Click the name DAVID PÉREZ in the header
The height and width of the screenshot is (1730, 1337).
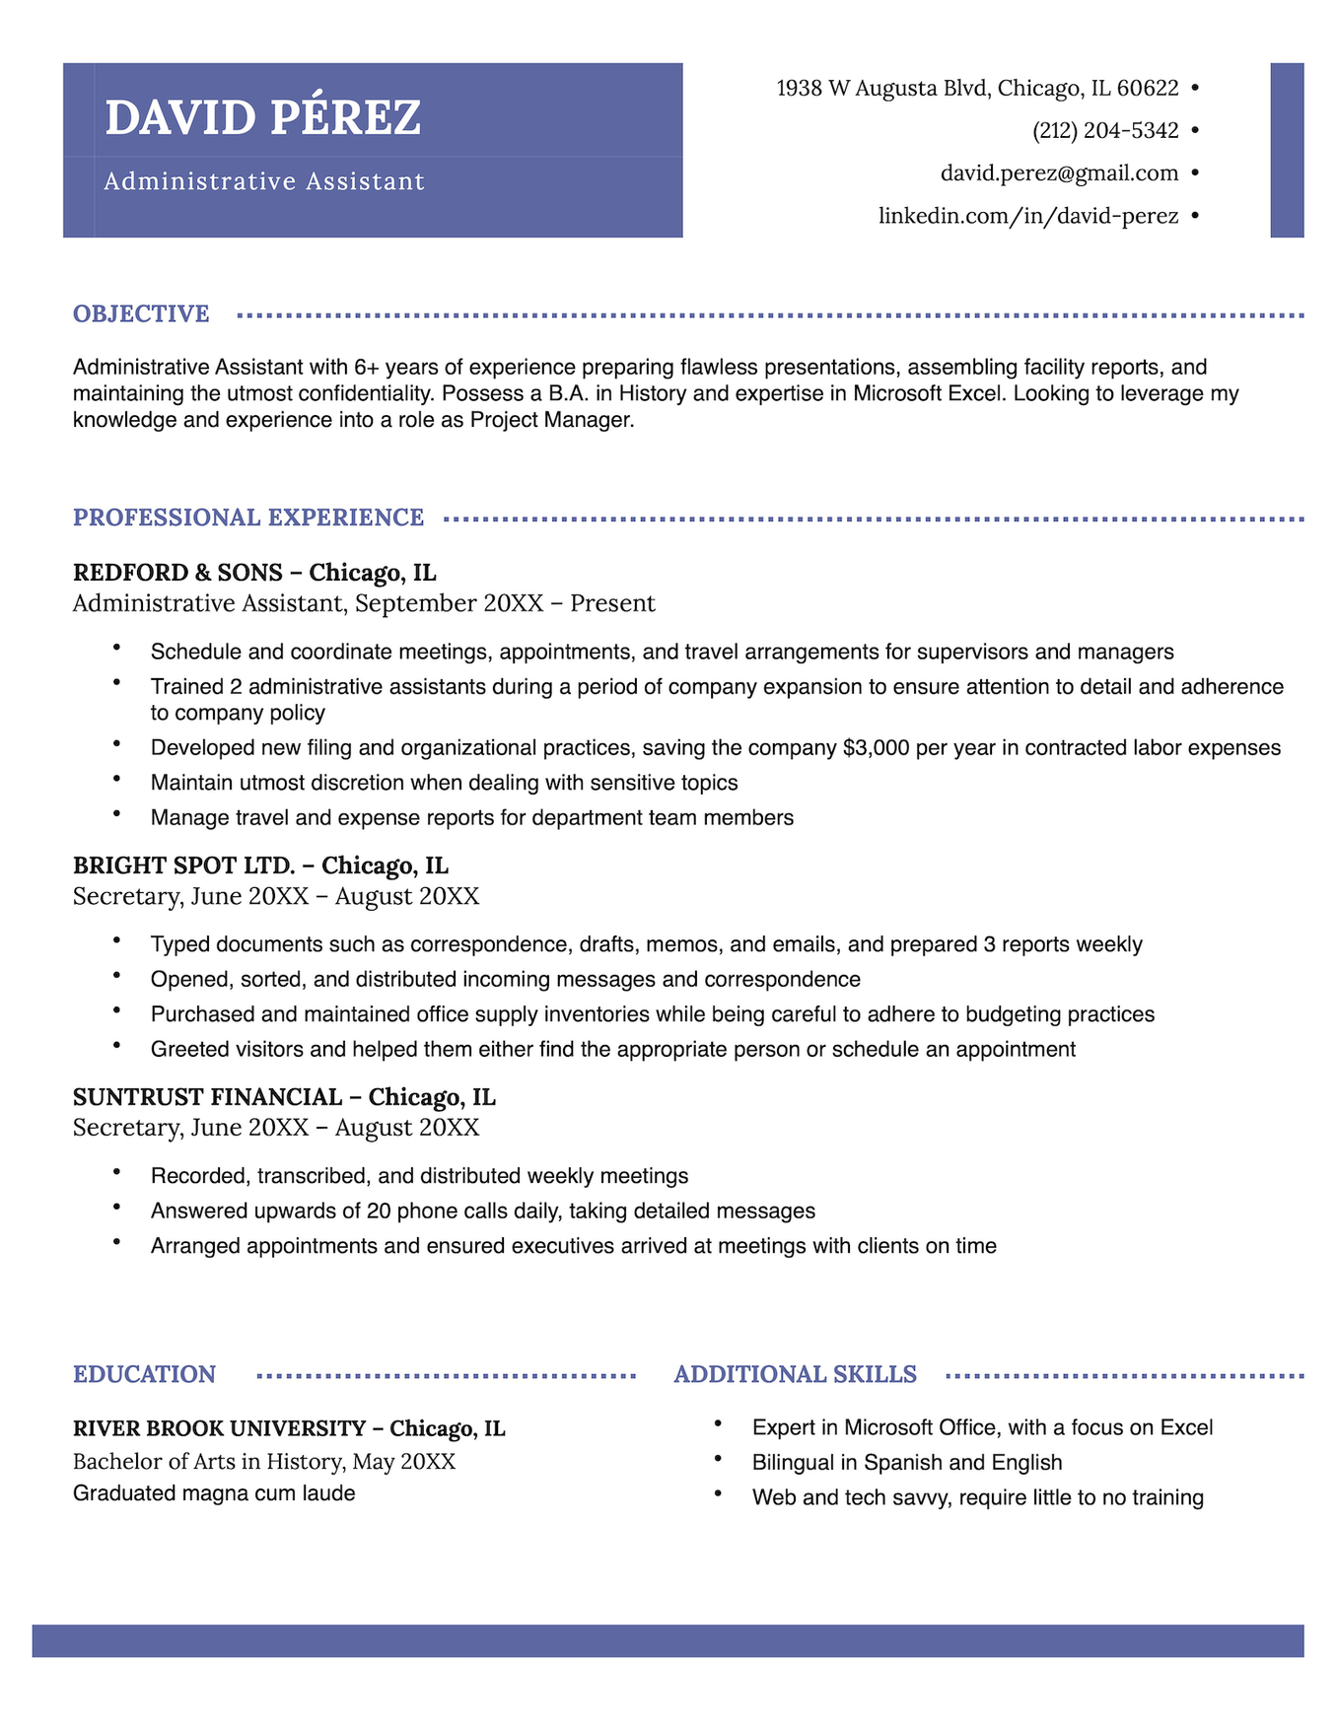point(262,117)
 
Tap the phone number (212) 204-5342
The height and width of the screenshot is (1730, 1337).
point(1105,131)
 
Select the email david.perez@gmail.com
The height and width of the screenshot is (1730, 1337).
point(1059,173)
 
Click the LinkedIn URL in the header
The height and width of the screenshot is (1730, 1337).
point(1028,216)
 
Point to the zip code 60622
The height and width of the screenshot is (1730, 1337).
point(1148,89)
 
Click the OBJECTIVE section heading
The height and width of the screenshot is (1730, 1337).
point(141,314)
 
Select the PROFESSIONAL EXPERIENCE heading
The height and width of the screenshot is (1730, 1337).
point(248,518)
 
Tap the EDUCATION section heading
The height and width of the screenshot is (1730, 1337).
point(144,1374)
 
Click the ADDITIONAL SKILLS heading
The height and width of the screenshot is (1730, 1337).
point(795,1374)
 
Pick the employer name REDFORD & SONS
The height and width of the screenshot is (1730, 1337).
point(177,573)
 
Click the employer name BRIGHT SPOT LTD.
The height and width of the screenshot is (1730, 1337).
point(184,865)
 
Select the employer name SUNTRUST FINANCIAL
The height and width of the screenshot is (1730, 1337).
point(207,1097)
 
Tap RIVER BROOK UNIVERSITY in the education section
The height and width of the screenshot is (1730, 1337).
point(219,1428)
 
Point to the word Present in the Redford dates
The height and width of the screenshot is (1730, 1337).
point(612,603)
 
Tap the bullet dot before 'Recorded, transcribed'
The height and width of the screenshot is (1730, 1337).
point(116,1173)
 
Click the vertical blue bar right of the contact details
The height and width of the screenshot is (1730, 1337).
point(1287,150)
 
